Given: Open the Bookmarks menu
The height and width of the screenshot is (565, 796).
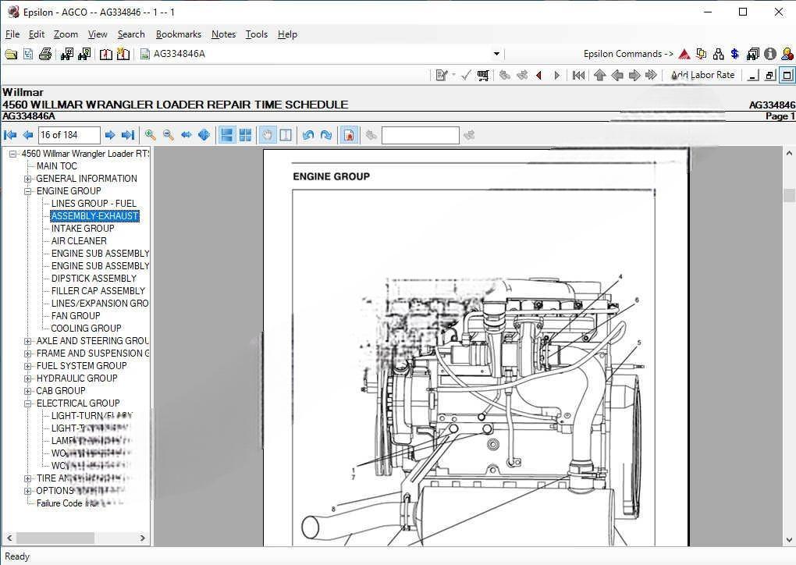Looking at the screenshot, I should click(x=178, y=34).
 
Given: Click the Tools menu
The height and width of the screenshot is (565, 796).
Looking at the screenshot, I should click(x=256, y=34).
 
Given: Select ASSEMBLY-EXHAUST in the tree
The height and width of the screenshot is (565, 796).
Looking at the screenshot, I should click(x=94, y=216).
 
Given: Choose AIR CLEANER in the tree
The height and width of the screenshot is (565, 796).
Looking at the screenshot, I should click(x=79, y=241).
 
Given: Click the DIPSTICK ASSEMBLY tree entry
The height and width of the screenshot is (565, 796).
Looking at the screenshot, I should click(x=94, y=279).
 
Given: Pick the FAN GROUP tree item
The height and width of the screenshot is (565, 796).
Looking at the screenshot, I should click(x=76, y=316).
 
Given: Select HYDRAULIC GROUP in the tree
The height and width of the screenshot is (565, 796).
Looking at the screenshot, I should click(x=76, y=378).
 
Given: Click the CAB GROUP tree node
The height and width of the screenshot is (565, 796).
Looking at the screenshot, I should click(x=61, y=391).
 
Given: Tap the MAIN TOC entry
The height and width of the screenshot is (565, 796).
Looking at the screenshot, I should click(x=57, y=166).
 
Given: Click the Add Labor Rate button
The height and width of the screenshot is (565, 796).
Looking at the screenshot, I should click(x=702, y=75).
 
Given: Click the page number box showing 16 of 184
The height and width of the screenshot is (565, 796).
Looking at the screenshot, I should click(x=69, y=135).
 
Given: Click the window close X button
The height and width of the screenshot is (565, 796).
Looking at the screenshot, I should click(x=778, y=12).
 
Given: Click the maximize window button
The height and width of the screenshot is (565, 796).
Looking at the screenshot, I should click(x=743, y=12).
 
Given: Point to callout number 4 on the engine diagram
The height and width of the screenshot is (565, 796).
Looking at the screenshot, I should click(x=620, y=277).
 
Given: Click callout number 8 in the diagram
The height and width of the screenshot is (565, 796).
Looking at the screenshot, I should click(x=333, y=509).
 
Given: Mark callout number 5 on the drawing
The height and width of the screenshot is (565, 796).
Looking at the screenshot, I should click(x=639, y=343).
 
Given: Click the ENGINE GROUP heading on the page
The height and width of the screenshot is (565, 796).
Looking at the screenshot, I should click(x=331, y=176).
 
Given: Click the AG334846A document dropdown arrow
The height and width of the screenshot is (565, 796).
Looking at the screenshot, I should click(x=496, y=54).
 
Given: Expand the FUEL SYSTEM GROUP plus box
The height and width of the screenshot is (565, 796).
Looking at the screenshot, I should click(x=28, y=366).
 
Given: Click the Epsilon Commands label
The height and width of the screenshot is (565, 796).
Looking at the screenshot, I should click(x=627, y=54).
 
